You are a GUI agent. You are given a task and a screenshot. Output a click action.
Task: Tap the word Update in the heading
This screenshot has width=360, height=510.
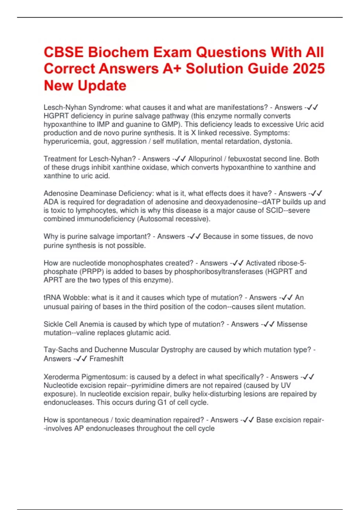tap(102, 85)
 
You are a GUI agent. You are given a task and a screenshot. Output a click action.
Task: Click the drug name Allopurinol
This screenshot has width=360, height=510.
tap(205, 159)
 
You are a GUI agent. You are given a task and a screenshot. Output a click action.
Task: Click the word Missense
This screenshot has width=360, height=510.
tap(292, 324)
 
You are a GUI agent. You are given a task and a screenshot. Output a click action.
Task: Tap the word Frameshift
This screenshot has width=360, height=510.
tap(106, 358)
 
